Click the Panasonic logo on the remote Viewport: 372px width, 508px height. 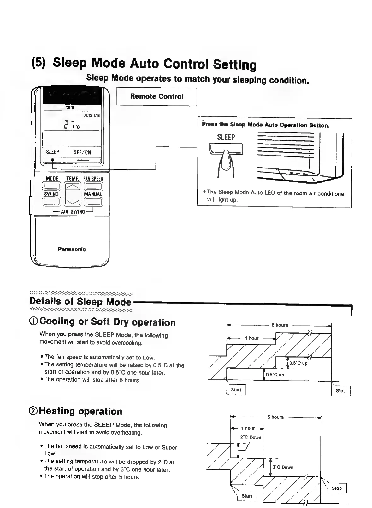tap(72, 249)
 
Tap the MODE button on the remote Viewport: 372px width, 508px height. tap(52, 186)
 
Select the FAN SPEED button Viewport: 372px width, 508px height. tap(93, 186)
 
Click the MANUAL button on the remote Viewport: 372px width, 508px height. tap(93, 201)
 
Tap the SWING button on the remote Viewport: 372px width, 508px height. tap(52, 201)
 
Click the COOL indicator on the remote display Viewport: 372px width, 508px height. tap(70, 108)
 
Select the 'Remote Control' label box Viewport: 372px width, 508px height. tap(157, 97)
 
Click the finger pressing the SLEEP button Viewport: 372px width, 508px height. tap(226, 163)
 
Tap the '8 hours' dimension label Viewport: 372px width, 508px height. tap(280, 325)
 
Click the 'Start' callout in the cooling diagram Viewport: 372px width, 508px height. tap(236, 390)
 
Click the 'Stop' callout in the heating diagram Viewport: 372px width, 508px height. tap(337, 488)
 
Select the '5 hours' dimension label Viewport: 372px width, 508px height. tap(275, 417)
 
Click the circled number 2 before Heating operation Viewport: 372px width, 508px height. tap(33, 411)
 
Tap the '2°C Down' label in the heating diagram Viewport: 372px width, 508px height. tap(251, 437)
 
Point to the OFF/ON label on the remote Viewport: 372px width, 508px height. tap(82, 152)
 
